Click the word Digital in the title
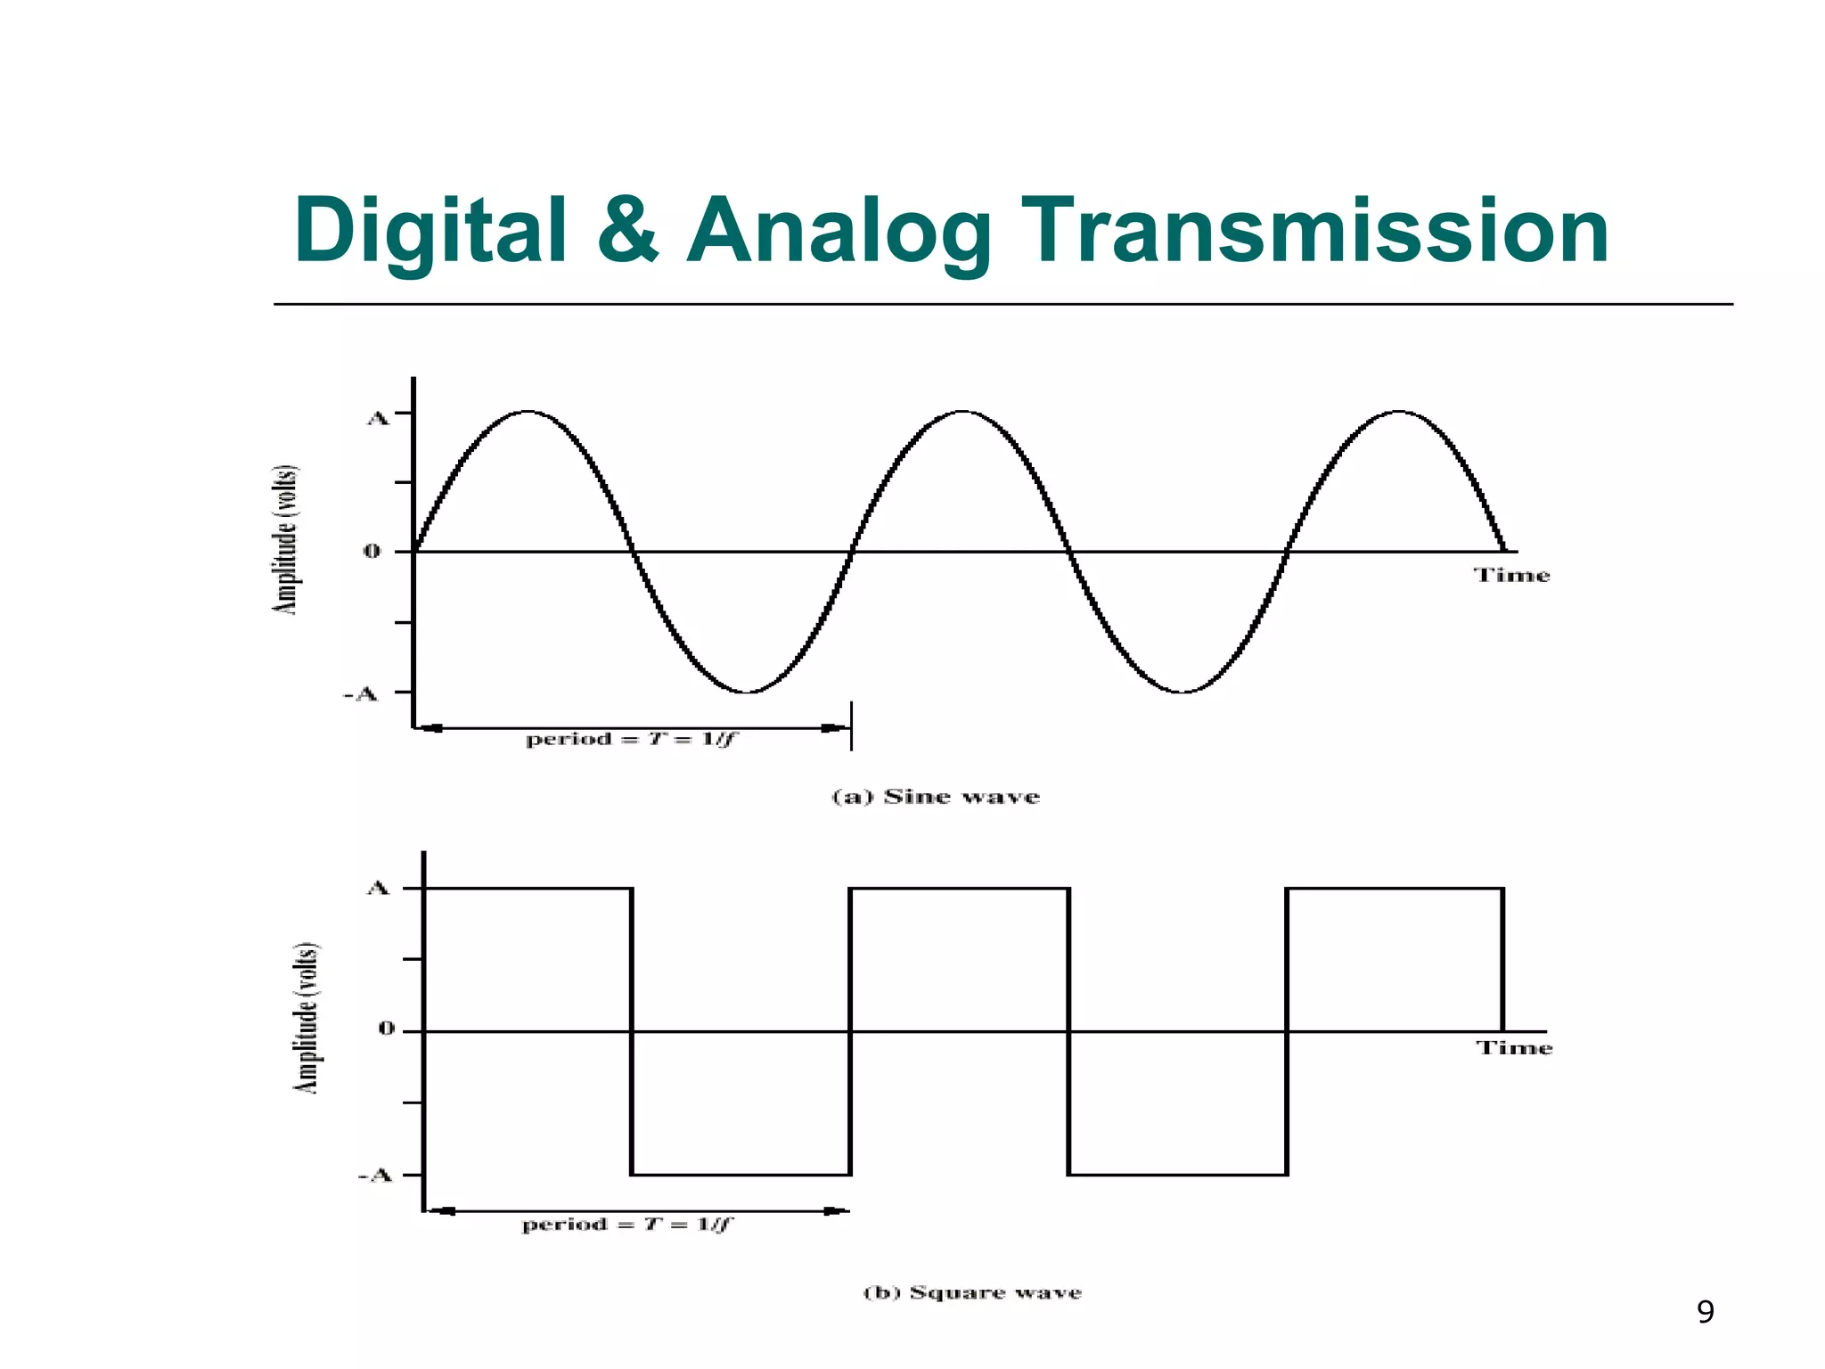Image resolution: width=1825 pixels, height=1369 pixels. click(430, 231)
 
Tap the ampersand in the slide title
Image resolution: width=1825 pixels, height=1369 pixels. click(627, 231)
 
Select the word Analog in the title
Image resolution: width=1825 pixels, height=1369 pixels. click(838, 231)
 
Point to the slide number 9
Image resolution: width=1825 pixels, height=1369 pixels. click(1705, 1312)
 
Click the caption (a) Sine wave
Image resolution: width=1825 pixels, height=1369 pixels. click(936, 796)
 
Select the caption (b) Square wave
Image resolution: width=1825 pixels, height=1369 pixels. click(972, 1292)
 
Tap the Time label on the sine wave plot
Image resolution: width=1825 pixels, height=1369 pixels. click(1511, 575)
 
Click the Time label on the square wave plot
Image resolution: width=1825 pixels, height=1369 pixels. click(1514, 1048)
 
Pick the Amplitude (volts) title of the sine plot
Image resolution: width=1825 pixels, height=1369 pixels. click(285, 539)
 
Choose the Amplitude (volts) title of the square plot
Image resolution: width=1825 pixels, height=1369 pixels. click(307, 1017)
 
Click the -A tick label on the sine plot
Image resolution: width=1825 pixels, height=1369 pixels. click(361, 693)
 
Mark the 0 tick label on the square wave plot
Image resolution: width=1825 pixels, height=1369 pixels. click(386, 1029)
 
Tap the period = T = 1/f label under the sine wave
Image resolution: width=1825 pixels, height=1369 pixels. click(632, 739)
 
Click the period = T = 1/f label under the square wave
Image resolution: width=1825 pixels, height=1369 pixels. click(626, 1225)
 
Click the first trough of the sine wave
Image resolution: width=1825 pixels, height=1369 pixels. click(748, 692)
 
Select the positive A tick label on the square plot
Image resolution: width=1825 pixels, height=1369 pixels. click(379, 888)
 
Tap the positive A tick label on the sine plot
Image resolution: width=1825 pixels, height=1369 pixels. click(379, 418)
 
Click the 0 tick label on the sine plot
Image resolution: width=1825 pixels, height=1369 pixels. click(372, 552)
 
